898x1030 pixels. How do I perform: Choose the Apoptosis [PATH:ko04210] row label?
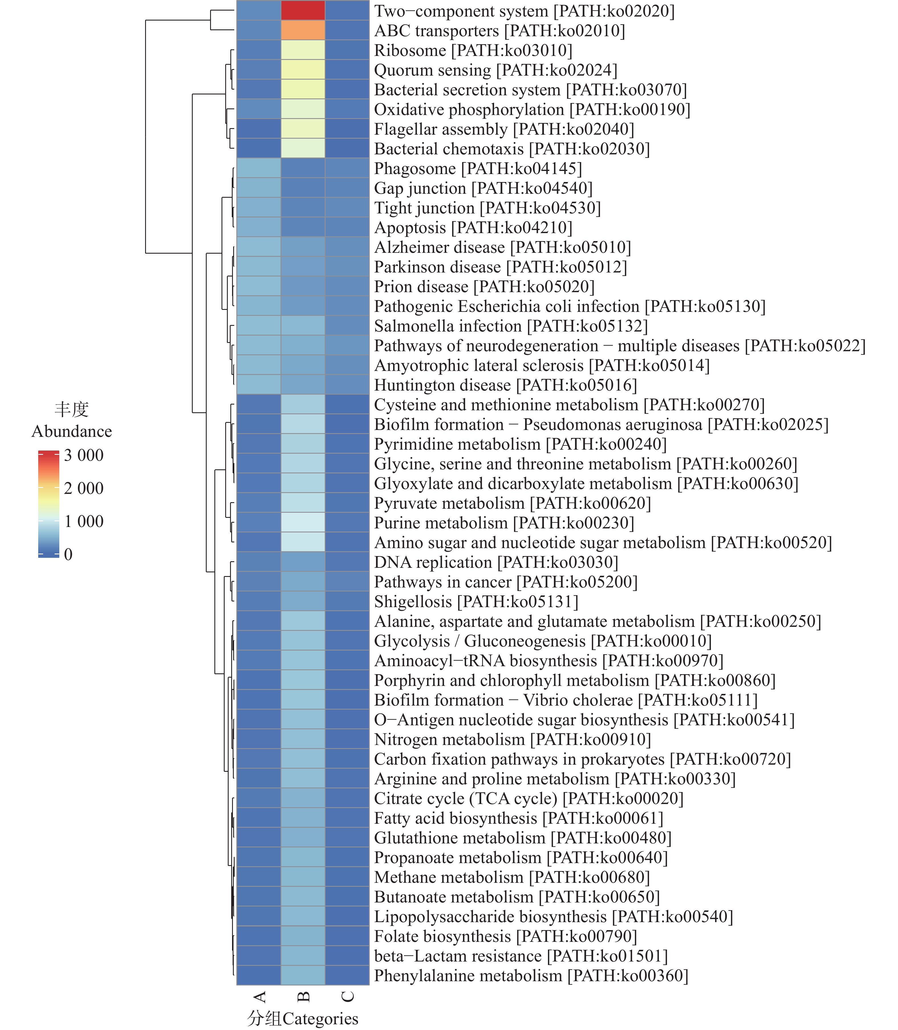473,228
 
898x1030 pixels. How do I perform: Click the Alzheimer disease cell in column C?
347,247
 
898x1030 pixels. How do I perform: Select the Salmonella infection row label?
511,326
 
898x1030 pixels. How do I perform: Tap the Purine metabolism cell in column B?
303,522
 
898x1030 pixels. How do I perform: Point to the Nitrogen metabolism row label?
512,739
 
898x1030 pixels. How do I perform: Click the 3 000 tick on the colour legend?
83,455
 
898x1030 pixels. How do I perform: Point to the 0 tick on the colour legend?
68,554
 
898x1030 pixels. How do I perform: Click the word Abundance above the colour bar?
72,431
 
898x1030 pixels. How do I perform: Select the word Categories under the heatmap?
321,1019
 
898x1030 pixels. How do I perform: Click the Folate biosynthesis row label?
505,936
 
